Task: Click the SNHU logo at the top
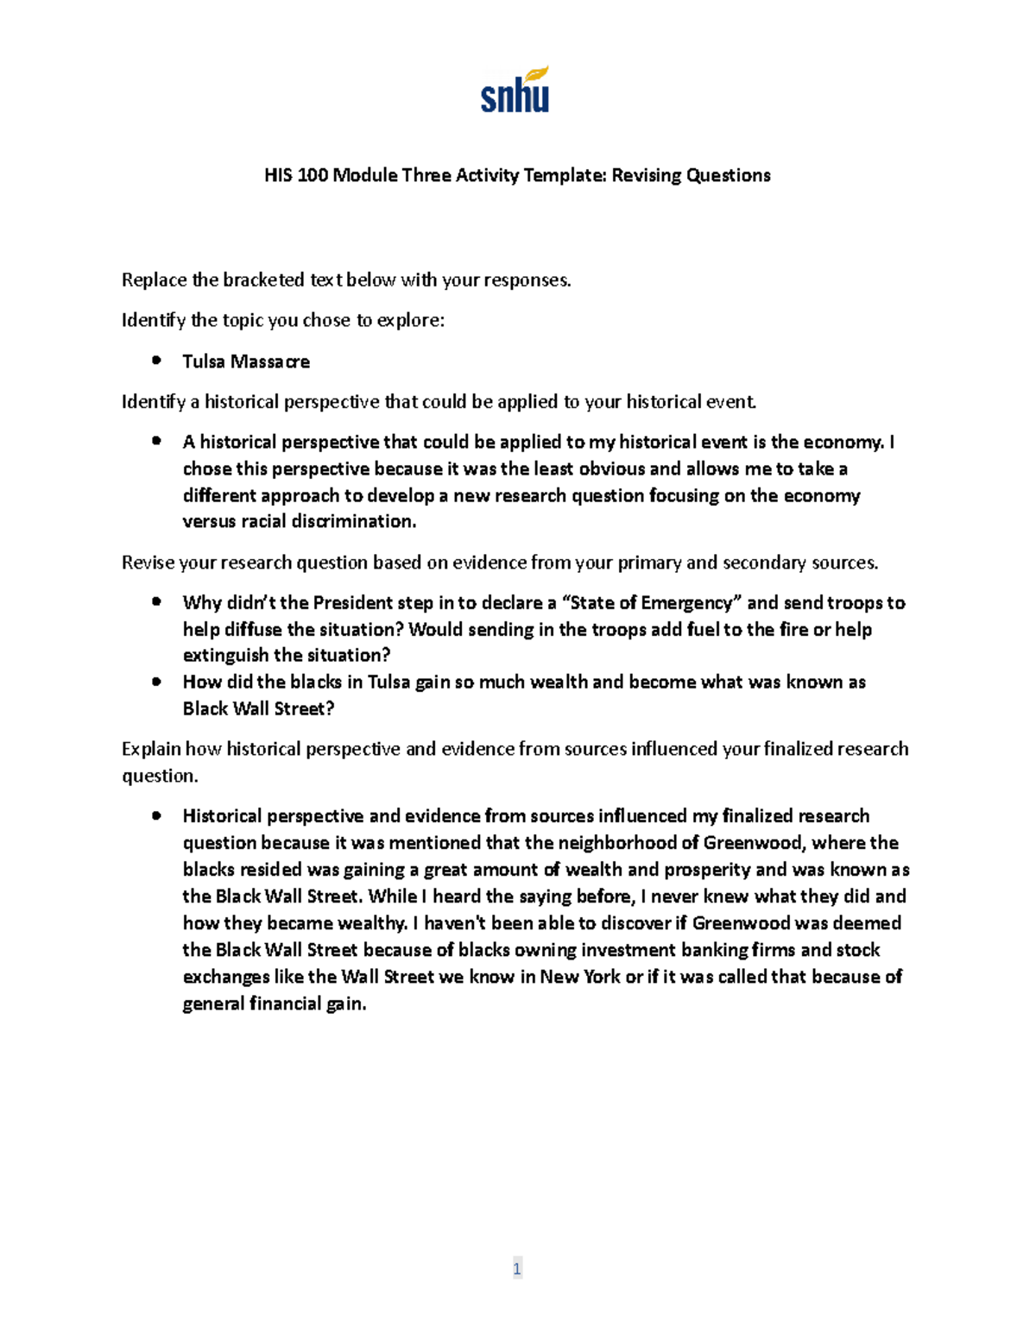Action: [515, 90]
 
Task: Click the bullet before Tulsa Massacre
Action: [156, 361]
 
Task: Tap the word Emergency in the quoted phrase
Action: [687, 602]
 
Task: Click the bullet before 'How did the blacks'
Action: [156, 681]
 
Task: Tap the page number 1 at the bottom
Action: [517, 1268]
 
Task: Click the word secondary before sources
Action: [764, 563]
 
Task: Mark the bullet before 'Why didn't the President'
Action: [156, 601]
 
